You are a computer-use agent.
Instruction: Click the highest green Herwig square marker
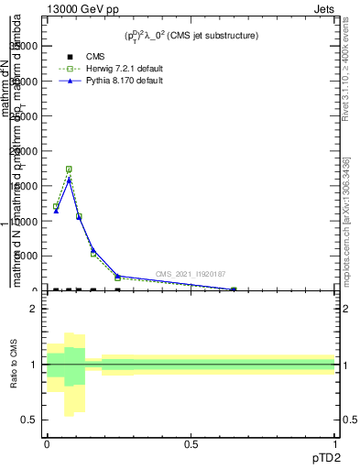[69, 169]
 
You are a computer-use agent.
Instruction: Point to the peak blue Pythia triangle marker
[69, 180]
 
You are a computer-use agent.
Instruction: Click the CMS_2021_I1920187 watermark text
[191, 274]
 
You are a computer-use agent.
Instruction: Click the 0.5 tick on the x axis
[191, 444]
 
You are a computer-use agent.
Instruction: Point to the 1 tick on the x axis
[334, 444]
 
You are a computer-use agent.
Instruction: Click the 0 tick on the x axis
[47, 444]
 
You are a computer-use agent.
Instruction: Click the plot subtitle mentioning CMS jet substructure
[191, 35]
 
